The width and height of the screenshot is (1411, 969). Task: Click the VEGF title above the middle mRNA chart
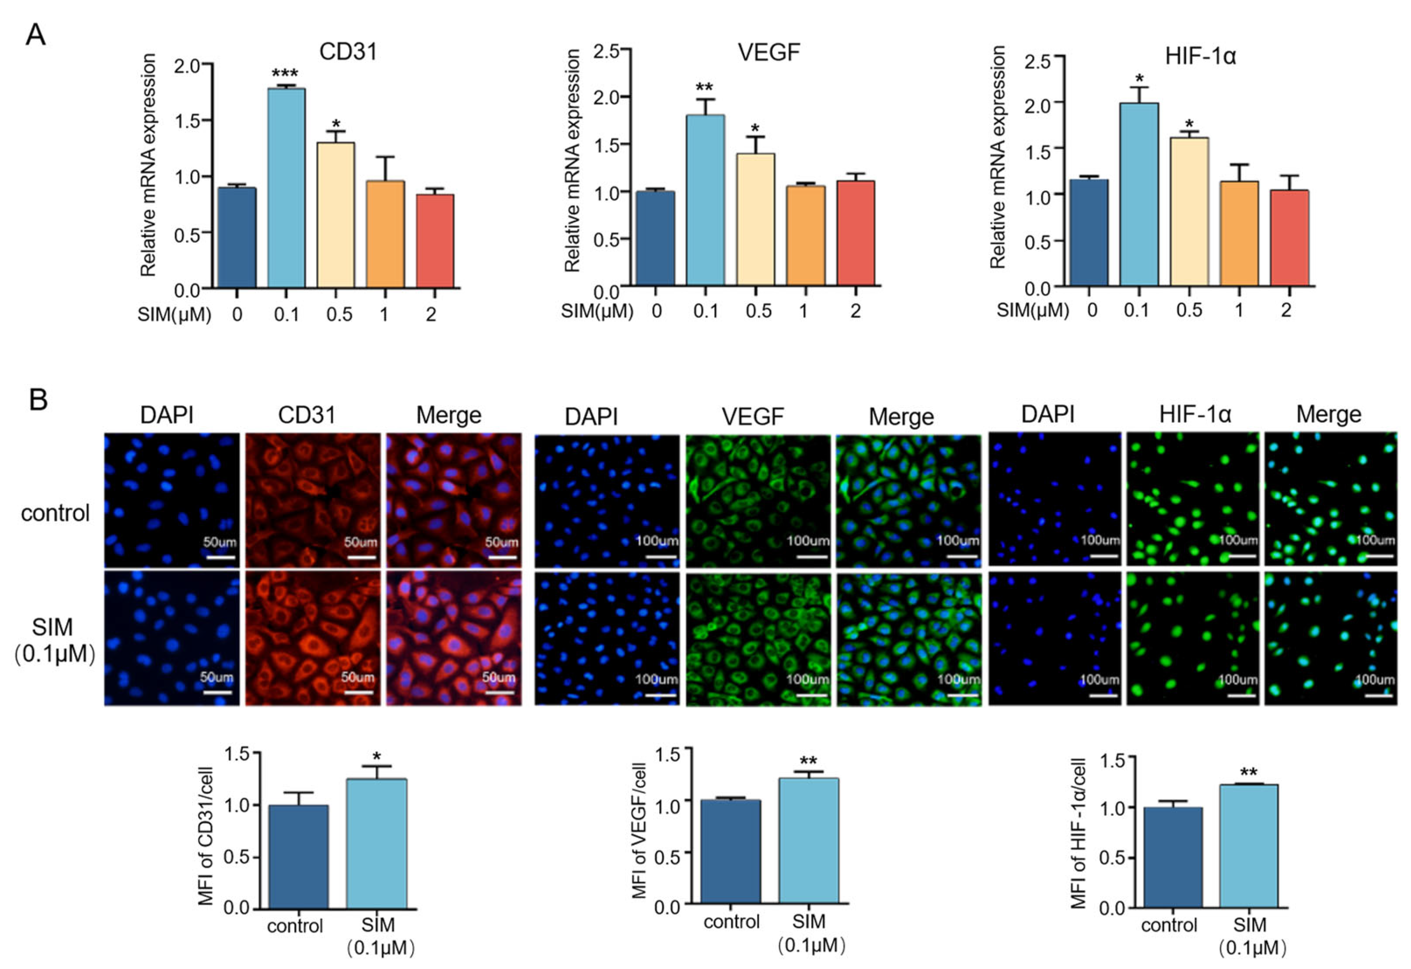[769, 53]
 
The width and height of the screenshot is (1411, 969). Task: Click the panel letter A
[35, 35]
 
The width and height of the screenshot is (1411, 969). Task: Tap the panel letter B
[38, 401]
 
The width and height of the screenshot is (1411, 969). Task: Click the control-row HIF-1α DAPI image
[1055, 499]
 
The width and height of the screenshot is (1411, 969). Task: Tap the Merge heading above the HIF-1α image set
[1328, 415]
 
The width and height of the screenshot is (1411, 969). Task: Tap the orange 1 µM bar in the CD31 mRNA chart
[386, 234]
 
